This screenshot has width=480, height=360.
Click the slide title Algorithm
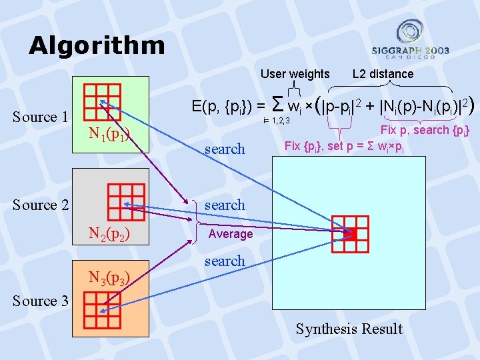pyautogui.click(x=97, y=45)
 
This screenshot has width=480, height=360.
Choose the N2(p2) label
pyautogui.click(x=110, y=233)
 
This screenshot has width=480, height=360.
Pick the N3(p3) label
pyautogui.click(x=110, y=277)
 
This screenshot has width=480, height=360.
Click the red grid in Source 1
pyautogui.click(x=102, y=101)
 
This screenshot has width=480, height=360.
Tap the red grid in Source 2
pyautogui.click(x=125, y=197)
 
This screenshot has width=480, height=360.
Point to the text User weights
pyautogui.click(x=295, y=74)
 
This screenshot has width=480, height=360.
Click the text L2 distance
pyautogui.click(x=383, y=74)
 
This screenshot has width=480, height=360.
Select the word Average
pyautogui.click(x=231, y=234)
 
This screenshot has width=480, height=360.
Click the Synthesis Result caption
pyautogui.click(x=349, y=329)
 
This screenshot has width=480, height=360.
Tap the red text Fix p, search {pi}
pyautogui.click(x=425, y=130)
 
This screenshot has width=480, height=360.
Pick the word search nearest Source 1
pyautogui.click(x=225, y=149)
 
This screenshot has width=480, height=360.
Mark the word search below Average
pyautogui.click(x=225, y=261)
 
